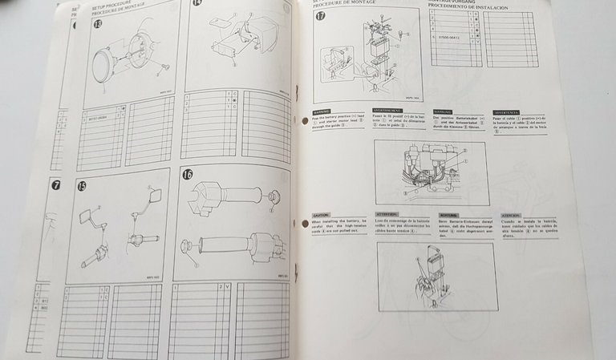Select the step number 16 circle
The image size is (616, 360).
188,173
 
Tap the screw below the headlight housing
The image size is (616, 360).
164,65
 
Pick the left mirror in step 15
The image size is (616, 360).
86,215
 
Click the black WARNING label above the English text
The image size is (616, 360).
322,112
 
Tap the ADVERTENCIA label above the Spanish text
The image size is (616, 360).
507,112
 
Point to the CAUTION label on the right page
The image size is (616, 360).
321,214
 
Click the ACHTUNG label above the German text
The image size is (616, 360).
450,215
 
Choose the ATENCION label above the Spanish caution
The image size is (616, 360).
510,215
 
